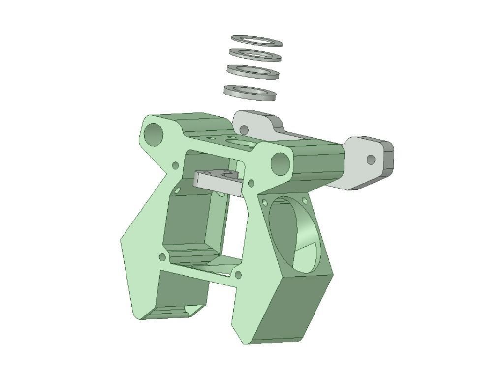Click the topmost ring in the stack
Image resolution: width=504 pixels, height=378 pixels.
(257, 38)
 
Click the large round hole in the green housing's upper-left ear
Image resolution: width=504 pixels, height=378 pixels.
(154, 133)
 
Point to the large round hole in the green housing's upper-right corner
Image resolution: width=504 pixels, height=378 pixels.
(280, 163)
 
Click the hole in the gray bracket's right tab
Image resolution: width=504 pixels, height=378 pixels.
(371, 159)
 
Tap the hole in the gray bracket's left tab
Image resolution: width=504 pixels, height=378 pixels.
(244, 130)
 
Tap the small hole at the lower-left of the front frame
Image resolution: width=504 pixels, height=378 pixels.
(162, 257)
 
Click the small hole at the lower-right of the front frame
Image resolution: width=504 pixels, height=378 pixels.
(238, 275)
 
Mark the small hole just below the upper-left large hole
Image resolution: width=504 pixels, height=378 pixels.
(175, 165)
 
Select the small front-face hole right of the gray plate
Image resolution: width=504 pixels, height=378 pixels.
(251, 184)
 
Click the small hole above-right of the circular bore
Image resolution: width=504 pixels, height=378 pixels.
(304, 200)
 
